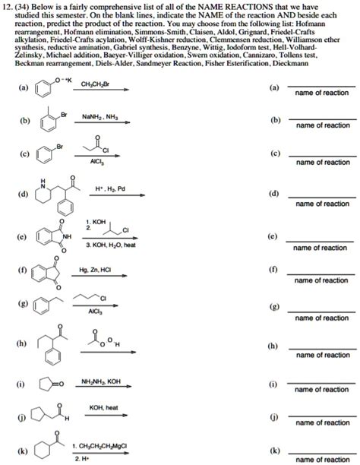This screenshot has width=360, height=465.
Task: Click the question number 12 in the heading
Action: coord(12,8)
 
